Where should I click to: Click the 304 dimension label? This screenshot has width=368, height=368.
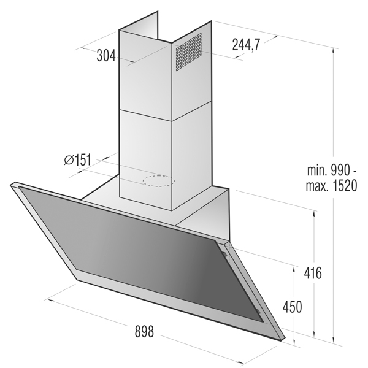(106, 56)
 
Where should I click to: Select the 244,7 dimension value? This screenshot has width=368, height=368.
(246, 45)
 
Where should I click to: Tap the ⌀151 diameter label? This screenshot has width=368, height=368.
(77, 160)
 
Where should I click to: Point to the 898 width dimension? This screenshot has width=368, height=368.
(144, 331)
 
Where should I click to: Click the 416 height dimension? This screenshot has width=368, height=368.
(313, 273)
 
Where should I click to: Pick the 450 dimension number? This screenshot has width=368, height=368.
(292, 307)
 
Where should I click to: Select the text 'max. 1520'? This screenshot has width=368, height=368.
(331, 186)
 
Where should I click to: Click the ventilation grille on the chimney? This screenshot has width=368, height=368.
(189, 52)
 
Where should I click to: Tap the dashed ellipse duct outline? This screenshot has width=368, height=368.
(159, 181)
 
